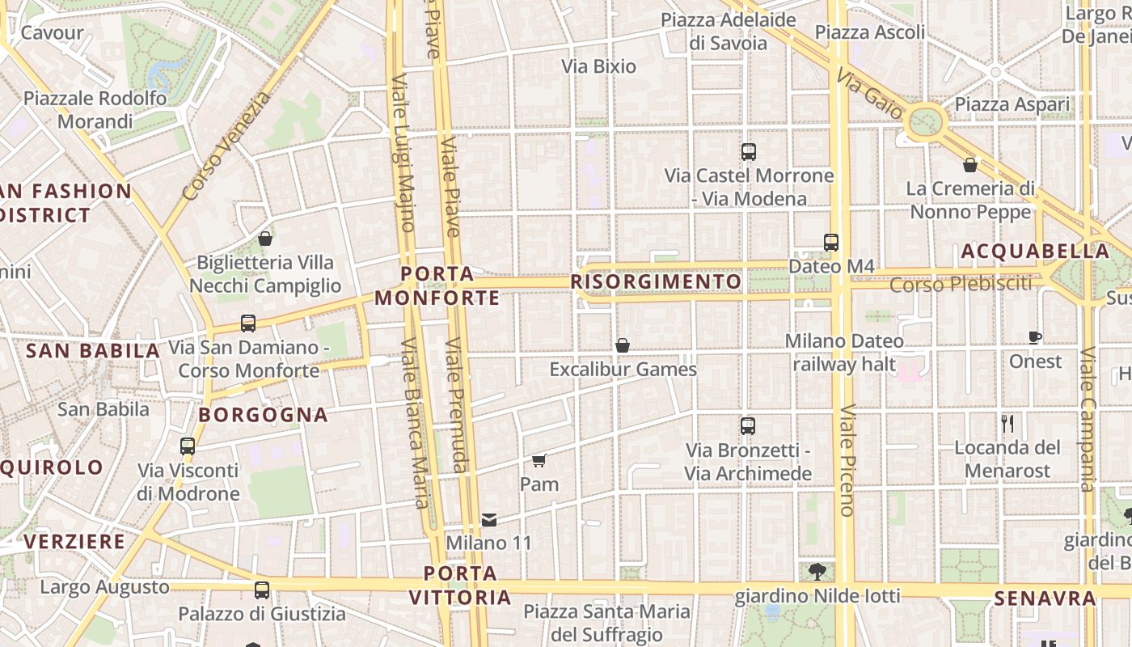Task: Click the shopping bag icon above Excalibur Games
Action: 623,345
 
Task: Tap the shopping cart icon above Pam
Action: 539,461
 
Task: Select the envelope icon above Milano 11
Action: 489,519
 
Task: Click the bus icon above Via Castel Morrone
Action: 749,151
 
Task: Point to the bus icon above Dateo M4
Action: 831,242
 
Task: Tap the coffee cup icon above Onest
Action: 1035,337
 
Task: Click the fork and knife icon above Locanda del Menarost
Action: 1007,424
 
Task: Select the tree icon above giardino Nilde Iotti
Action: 817,572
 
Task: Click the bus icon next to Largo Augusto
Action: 262,590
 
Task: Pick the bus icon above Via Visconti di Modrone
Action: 188,446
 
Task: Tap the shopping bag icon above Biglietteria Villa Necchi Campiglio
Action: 264,239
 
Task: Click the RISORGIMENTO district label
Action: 656,281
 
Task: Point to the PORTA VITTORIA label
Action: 460,586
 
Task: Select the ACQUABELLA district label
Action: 1036,252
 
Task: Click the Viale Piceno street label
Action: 846,459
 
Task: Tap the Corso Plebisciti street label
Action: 961,284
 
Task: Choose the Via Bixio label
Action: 599,66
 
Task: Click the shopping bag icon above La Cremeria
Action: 970,165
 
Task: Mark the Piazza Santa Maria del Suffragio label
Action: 606,623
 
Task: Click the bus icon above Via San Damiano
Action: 248,323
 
